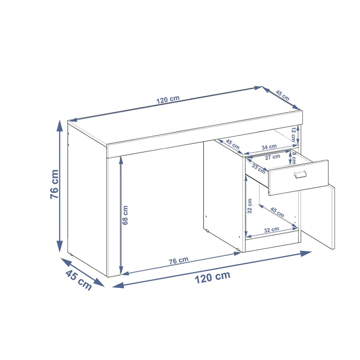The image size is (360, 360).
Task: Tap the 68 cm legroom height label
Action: click(x=125, y=215)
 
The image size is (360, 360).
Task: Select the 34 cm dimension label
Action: click(x=269, y=147)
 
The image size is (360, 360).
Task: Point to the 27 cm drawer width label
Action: click(x=273, y=157)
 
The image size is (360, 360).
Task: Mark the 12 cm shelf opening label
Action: click(x=293, y=134)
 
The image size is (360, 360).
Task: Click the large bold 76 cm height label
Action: click(x=54, y=184)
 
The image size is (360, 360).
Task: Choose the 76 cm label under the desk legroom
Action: click(x=179, y=261)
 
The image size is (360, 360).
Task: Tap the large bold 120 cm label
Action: click(x=212, y=277)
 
